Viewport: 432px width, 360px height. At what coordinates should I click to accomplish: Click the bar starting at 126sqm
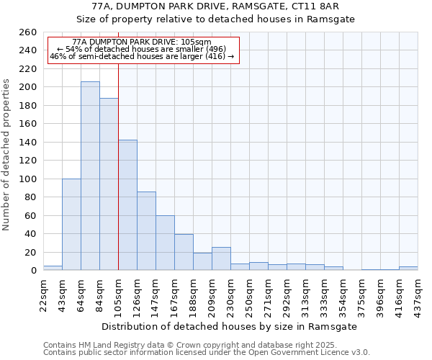tap(146, 230)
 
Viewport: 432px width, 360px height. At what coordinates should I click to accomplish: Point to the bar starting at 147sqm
tap(165, 243)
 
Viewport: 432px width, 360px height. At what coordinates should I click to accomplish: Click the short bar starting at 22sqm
tap(53, 268)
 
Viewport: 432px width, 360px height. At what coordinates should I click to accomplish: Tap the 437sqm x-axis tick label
tap(418, 294)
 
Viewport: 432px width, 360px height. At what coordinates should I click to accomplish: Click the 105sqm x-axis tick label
tap(119, 294)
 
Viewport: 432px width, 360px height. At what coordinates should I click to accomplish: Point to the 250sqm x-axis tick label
tap(250, 294)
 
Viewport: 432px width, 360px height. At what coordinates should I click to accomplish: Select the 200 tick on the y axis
tap(28, 87)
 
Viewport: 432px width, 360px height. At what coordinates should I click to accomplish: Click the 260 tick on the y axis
tap(28, 32)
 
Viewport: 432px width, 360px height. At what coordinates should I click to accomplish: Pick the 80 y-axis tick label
tap(31, 197)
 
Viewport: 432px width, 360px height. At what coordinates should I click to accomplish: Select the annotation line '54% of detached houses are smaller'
tap(142, 49)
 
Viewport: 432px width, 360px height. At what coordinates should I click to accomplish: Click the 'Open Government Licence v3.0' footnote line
tap(207, 353)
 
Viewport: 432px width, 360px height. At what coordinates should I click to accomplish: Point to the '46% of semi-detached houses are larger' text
tap(142, 56)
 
